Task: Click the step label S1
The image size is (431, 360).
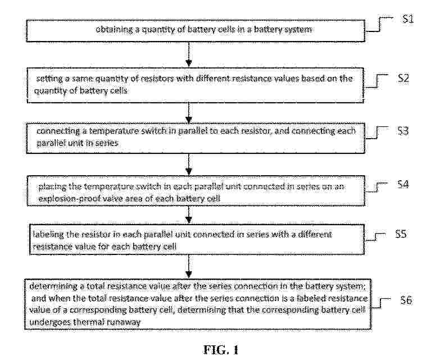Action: [x=408, y=19]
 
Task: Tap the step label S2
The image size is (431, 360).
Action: [x=403, y=78]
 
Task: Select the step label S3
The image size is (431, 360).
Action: [x=403, y=131]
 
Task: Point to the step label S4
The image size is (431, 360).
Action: [x=403, y=184]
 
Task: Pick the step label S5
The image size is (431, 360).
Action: [x=401, y=234]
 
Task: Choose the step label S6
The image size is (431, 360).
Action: [x=406, y=299]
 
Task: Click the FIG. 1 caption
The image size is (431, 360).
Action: [x=221, y=350]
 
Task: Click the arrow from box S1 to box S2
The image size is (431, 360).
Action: [x=189, y=54]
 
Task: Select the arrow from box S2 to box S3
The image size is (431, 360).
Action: [x=189, y=113]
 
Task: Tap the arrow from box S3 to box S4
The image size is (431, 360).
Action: [x=189, y=165]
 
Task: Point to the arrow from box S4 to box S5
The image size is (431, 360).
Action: [x=189, y=215]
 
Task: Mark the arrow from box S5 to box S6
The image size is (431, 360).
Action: [x=189, y=267]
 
